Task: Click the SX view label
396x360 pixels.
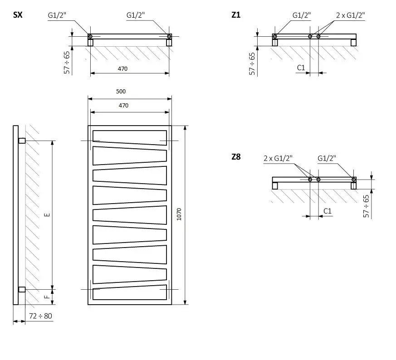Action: pos(18,15)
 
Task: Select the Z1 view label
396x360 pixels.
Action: pos(236,15)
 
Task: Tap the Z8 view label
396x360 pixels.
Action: pos(236,157)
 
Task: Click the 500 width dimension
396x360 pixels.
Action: pos(121,92)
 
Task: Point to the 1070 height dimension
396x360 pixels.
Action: pos(179,214)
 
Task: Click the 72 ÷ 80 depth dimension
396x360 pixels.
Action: pos(40,316)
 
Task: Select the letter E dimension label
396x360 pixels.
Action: pos(47,215)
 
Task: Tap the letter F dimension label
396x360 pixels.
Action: pos(47,297)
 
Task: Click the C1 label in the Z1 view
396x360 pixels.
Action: pos(301,68)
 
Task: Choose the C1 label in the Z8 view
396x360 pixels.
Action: pos(328,211)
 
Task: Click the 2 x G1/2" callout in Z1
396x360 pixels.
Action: pos(350,15)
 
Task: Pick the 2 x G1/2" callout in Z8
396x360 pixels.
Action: pos(278,158)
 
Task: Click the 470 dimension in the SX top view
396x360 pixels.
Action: pos(122,68)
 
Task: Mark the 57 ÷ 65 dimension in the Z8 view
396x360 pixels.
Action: pos(366,206)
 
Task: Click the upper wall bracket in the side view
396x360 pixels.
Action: pos(22,141)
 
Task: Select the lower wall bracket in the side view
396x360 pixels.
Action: pos(22,289)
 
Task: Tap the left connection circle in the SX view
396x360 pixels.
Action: pos(90,36)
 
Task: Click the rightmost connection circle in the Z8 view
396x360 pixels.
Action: pos(353,180)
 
